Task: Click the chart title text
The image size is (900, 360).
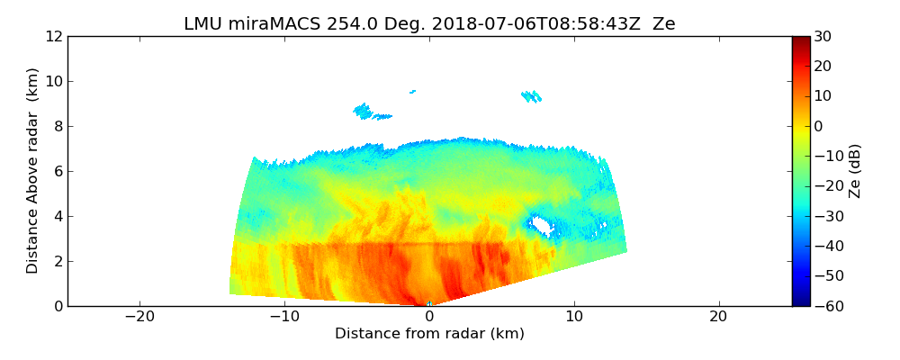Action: point(429,24)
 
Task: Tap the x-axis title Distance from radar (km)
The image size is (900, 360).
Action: point(429,334)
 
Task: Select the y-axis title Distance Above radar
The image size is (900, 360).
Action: point(33,170)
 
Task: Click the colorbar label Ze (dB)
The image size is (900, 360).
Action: point(855,170)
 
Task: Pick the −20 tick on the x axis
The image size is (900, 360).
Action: point(139,317)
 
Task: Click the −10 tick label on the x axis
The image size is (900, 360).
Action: point(284,317)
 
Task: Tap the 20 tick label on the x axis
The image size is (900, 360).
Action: point(718,317)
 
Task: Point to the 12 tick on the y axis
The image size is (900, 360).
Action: point(53,36)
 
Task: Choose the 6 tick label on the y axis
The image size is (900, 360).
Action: point(57,171)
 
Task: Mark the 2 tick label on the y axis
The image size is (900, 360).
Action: point(57,261)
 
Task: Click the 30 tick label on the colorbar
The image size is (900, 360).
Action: point(822,36)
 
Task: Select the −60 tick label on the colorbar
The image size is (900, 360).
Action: point(825,306)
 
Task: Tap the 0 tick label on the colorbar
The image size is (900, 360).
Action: point(819,126)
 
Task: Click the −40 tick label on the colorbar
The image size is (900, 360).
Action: point(825,246)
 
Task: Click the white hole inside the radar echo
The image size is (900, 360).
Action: point(541,225)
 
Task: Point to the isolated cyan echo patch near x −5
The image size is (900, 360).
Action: point(364,111)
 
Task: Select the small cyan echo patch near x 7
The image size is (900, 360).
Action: point(531,95)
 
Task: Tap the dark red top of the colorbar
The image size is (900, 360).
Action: point(801,40)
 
